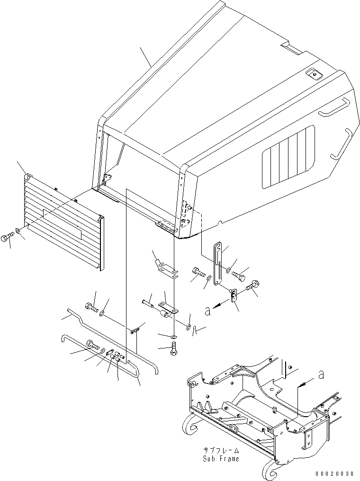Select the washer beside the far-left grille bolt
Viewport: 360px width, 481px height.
(18, 231)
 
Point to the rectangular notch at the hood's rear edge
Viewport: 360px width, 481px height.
(290, 47)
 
